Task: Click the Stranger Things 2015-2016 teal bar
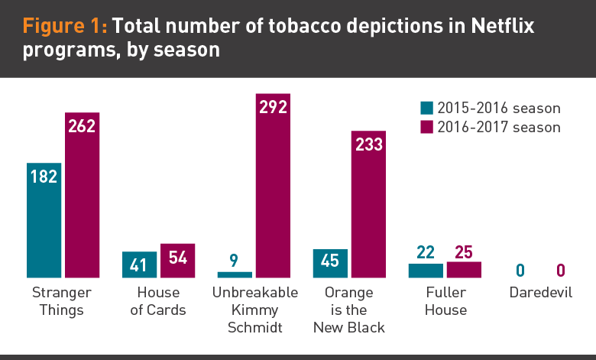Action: pos(44,220)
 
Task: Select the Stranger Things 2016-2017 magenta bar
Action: pos(82,195)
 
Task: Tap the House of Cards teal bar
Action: pos(139,264)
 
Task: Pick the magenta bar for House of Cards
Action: pos(177,260)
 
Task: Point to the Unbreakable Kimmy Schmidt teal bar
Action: pos(235,274)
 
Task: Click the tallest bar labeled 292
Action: pos(273,183)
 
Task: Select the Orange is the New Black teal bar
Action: pos(330,263)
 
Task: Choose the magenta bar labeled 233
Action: pos(368,203)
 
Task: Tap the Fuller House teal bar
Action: pos(426,271)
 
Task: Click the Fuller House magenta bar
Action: pos(464,270)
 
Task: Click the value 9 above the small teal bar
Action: pos(234,259)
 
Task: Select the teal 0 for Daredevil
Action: pos(520,271)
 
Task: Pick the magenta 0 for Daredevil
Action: pos(560,271)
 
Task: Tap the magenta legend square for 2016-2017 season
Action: pos(427,127)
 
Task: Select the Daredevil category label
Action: pos(540,293)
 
